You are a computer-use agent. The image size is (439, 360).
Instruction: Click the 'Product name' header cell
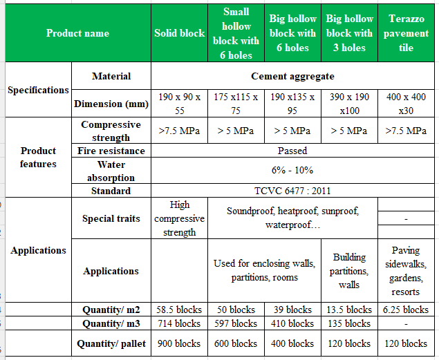pos(77,33)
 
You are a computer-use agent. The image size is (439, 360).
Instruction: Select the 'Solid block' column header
pos(180,33)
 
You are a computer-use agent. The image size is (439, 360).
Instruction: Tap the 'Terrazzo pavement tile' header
pos(407,33)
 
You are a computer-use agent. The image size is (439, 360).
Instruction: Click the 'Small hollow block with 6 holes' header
pos(236,33)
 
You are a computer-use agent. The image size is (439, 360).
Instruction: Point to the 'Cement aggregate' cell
pos(292,77)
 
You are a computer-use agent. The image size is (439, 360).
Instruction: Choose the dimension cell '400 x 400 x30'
pos(407,104)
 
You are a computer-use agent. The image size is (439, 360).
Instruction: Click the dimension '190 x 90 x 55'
pos(180,104)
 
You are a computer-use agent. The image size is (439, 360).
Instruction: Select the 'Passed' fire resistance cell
pos(292,151)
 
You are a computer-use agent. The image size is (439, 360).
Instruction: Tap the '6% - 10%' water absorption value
pos(292,170)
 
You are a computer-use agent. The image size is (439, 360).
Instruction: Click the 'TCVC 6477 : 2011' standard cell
pos(292,191)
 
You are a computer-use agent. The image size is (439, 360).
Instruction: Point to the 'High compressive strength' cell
pos(180,218)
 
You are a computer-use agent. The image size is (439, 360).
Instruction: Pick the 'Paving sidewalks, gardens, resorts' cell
pos(407,271)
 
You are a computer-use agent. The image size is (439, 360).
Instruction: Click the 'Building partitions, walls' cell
pos(349,271)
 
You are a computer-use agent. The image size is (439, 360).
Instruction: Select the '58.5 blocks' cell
pos(180,310)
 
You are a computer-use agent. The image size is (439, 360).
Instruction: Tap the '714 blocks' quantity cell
pos(180,323)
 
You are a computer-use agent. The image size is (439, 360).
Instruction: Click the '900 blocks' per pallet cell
pos(180,343)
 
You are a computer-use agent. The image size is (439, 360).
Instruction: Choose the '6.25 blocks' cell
pos(407,310)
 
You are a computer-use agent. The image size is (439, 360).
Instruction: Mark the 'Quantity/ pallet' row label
pos(111,343)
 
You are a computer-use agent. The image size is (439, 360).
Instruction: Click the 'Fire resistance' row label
pos(111,151)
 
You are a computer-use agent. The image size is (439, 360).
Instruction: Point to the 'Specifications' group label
pos(38,91)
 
